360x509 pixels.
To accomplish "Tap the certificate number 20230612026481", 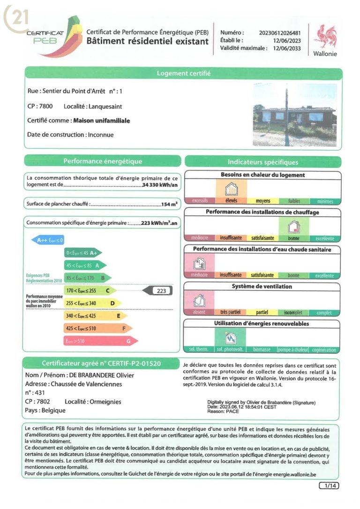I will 280,33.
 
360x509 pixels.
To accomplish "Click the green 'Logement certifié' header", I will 183,74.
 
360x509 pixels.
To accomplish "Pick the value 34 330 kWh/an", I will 160,185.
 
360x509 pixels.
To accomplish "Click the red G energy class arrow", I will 101,341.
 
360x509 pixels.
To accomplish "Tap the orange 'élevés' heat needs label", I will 231,201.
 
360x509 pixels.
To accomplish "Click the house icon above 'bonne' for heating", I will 293,227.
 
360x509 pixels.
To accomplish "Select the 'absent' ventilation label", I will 199,312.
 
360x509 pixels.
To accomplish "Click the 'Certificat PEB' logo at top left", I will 47,33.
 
